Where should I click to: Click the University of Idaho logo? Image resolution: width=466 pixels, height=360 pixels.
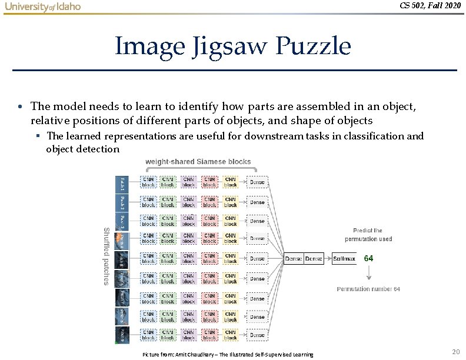point(42,7)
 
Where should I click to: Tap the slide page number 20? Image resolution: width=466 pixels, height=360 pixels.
point(455,351)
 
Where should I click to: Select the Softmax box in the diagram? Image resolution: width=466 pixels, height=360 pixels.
point(344,258)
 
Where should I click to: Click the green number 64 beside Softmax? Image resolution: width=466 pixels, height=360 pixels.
point(369,258)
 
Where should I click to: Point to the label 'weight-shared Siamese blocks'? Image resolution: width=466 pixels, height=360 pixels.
point(198,161)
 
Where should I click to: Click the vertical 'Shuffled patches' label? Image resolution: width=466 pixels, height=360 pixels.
point(106,255)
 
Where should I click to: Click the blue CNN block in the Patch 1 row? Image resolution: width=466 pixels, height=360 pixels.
point(148,183)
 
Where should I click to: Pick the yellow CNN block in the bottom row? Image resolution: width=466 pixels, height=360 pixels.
point(230,335)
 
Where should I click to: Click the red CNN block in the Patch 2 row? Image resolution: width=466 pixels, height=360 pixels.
point(209,202)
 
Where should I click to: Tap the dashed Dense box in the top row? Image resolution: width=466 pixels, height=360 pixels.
point(257,183)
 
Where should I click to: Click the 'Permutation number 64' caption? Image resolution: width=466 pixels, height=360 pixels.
point(368,289)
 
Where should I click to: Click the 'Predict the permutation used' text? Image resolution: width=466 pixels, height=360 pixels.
point(368,235)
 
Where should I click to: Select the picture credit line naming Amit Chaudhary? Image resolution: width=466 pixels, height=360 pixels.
point(228,354)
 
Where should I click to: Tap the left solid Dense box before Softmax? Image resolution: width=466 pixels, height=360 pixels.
point(294,258)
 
